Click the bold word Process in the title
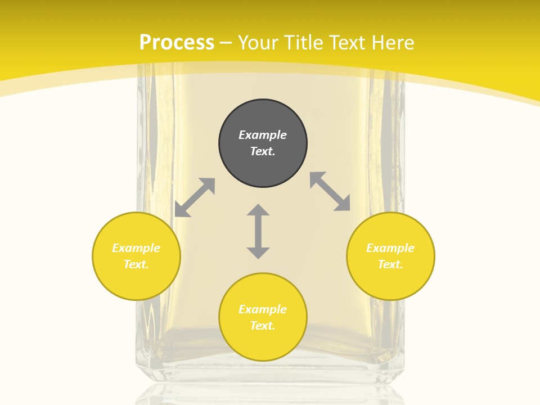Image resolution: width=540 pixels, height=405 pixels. click(177, 43)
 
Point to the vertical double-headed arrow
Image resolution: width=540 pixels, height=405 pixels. click(258, 231)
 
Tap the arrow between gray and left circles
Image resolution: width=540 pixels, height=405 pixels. click(195, 197)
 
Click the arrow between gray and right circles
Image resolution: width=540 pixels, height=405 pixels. click(330, 191)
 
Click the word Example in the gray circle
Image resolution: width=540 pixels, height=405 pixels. click(263, 135)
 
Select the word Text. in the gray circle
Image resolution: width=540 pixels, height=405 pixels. click(263, 151)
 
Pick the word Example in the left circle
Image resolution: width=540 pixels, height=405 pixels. click(136, 248)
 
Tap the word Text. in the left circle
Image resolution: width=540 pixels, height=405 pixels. click(136, 264)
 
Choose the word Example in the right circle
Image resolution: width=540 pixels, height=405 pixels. click(390, 248)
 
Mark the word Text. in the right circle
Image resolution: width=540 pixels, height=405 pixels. click(390, 264)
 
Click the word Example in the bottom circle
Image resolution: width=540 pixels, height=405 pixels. click(263, 309)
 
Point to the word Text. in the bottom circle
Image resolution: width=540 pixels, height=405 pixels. click(263, 326)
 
